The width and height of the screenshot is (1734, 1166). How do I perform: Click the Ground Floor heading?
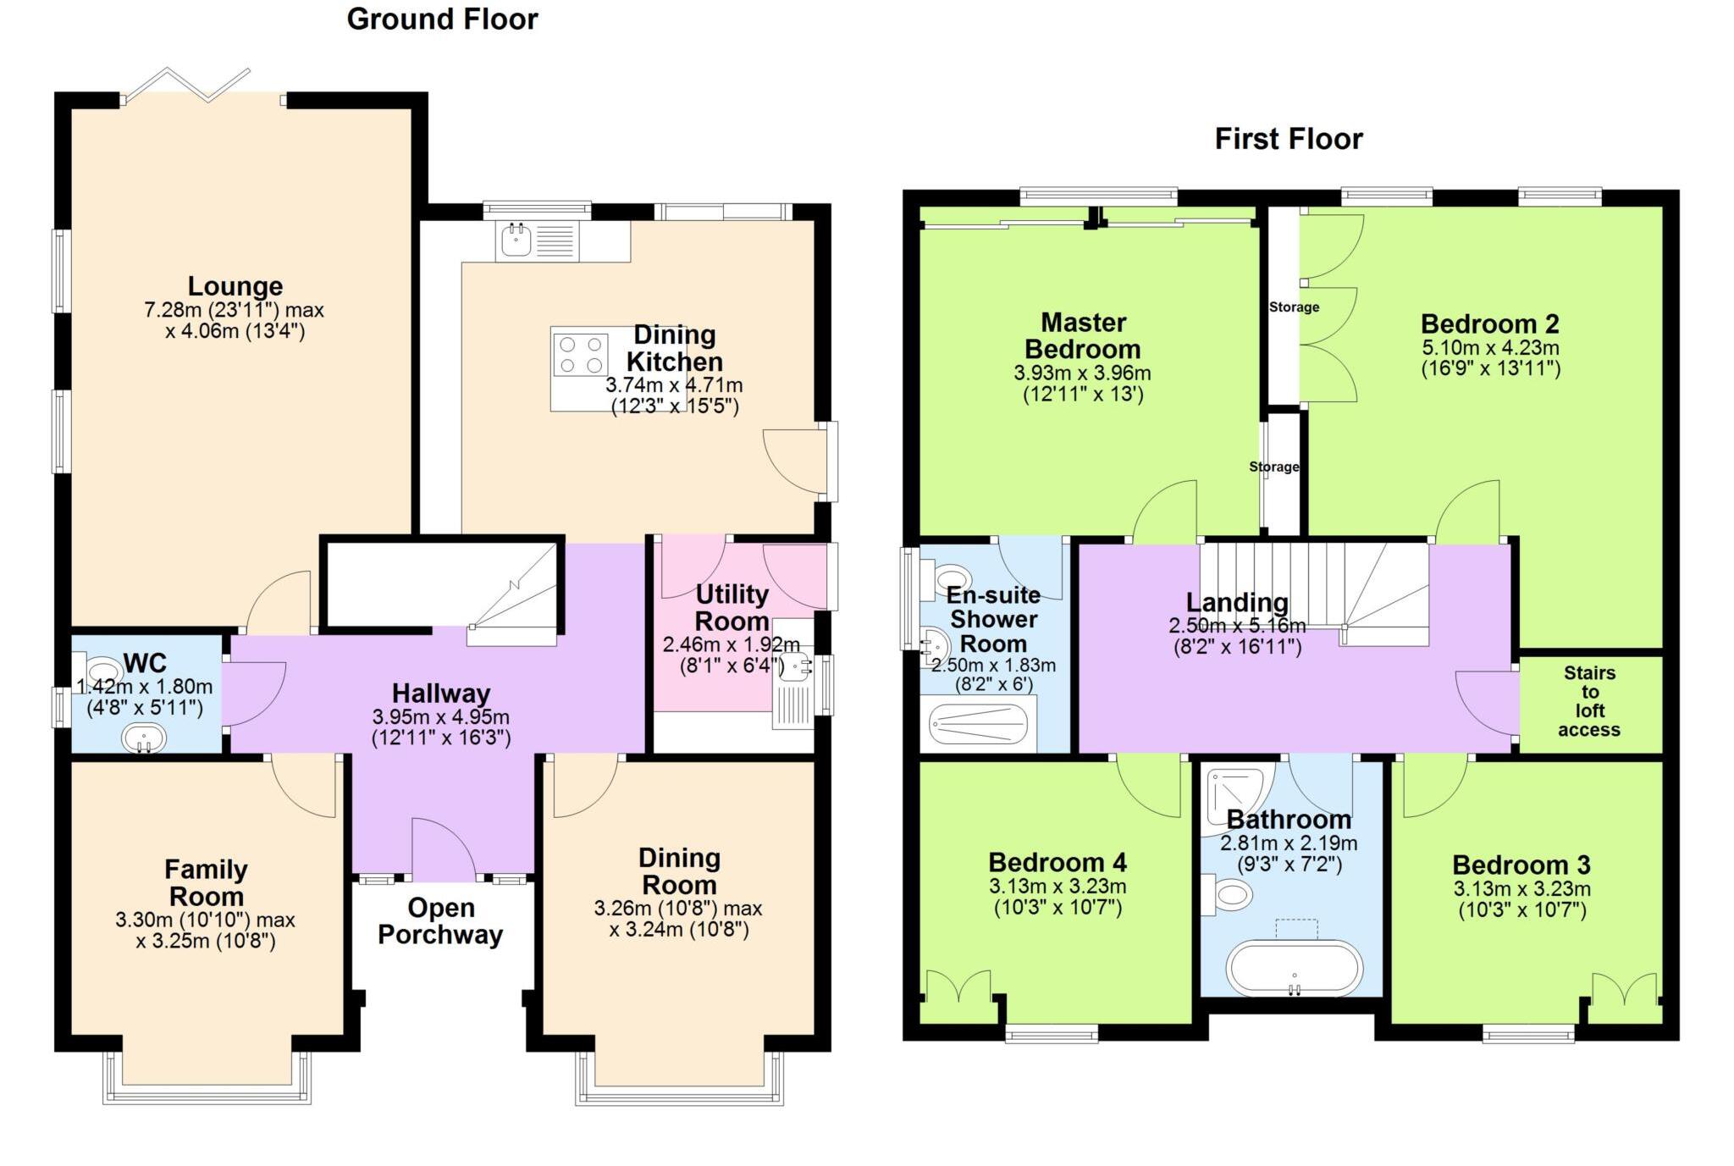pyautogui.click(x=442, y=19)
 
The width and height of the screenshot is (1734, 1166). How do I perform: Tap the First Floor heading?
pyautogui.click(x=1288, y=139)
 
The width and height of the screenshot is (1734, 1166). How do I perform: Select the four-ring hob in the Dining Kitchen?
pyautogui.click(x=581, y=355)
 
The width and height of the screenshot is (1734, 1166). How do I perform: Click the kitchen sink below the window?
pyautogui.click(x=516, y=240)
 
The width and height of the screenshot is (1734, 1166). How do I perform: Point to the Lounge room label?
pyautogui.click(x=235, y=286)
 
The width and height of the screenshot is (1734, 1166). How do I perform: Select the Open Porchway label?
pyautogui.click(x=440, y=920)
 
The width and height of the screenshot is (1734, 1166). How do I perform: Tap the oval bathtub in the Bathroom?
pyautogui.click(x=1295, y=968)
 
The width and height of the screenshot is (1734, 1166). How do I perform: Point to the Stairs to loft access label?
pyautogui.click(x=1588, y=701)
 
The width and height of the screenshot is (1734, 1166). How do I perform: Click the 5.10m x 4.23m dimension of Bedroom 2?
pyautogui.click(x=1490, y=347)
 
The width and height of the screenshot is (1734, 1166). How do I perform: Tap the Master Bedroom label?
pyautogui.click(x=1083, y=335)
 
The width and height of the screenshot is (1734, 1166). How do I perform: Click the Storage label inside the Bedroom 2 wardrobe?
pyautogui.click(x=1293, y=307)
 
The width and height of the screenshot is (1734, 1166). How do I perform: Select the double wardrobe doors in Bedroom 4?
pyautogui.click(x=958, y=987)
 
